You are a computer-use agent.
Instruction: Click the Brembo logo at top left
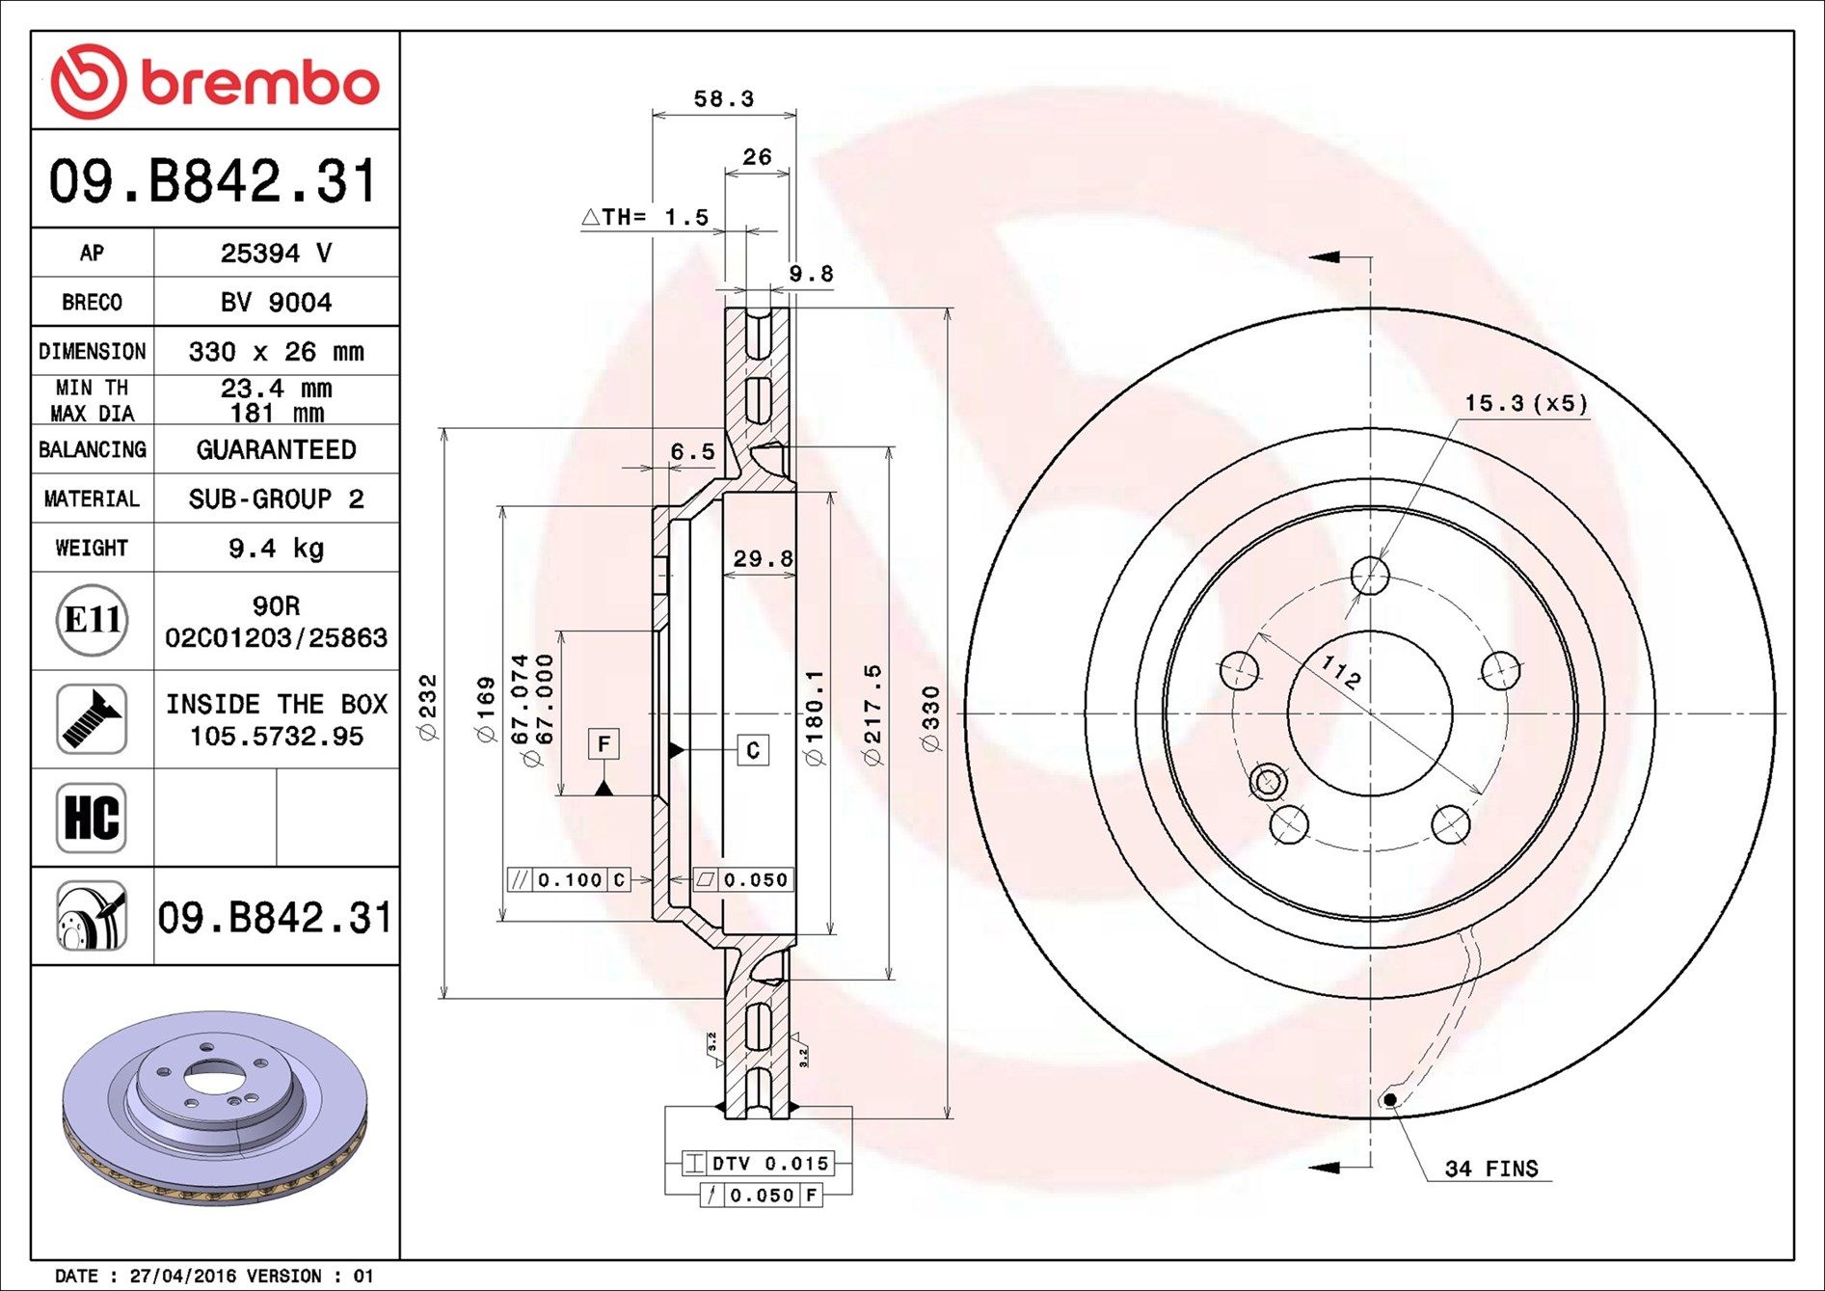pyautogui.click(x=214, y=81)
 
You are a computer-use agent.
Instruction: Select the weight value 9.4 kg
pyautogui.click(x=276, y=549)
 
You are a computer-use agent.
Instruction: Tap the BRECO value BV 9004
pyautogui.click(x=276, y=303)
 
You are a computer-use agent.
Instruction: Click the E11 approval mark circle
pyautogui.click(x=92, y=620)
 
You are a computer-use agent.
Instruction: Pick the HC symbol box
pyautogui.click(x=92, y=818)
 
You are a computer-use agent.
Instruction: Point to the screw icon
pyautogui.click(x=92, y=719)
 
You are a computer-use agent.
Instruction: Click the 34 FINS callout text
pyautogui.click(x=1491, y=1169)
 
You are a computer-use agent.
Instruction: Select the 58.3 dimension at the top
pyautogui.click(x=724, y=98)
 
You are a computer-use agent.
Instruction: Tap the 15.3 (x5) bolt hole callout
pyautogui.click(x=1526, y=403)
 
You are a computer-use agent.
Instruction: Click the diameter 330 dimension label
pyautogui.click(x=930, y=718)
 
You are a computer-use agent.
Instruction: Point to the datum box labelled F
pyautogui.click(x=604, y=743)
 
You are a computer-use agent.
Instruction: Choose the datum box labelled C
pyautogui.click(x=753, y=749)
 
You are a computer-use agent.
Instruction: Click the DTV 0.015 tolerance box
pyautogui.click(x=757, y=1164)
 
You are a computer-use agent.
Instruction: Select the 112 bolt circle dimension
pyautogui.click(x=1341, y=672)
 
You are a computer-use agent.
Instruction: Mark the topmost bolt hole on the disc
pyautogui.click(x=1370, y=577)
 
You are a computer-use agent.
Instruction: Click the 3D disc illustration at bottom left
pyautogui.click(x=214, y=1109)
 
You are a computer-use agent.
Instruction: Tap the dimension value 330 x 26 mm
pyautogui.click(x=276, y=352)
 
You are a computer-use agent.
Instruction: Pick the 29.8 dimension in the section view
pyautogui.click(x=763, y=558)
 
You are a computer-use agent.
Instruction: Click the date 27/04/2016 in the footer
pyautogui.click(x=182, y=1276)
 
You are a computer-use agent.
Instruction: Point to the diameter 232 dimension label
pyautogui.click(x=428, y=708)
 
